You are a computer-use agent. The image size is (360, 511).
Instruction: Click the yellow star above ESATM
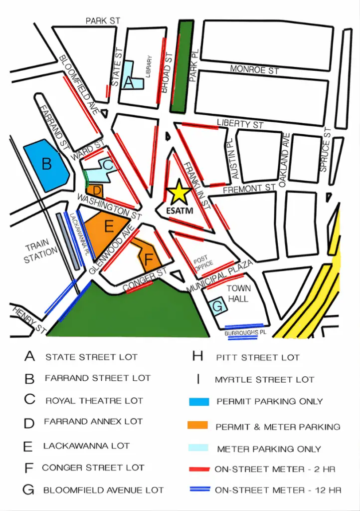click(179, 192)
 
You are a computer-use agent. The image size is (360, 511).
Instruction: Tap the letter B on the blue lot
click(46, 164)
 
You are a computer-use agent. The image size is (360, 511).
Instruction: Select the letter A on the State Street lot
click(128, 82)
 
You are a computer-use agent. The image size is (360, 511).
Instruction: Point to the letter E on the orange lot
click(109, 227)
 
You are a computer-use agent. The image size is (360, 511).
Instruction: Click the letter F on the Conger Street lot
click(149, 259)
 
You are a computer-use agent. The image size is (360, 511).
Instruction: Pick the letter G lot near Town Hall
click(218, 306)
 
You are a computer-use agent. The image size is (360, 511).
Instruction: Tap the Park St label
click(103, 21)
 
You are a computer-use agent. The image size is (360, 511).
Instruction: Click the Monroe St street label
click(254, 70)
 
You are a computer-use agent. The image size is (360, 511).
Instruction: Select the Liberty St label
click(240, 123)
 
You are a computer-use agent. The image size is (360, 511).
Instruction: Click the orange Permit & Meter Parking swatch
click(198, 426)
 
